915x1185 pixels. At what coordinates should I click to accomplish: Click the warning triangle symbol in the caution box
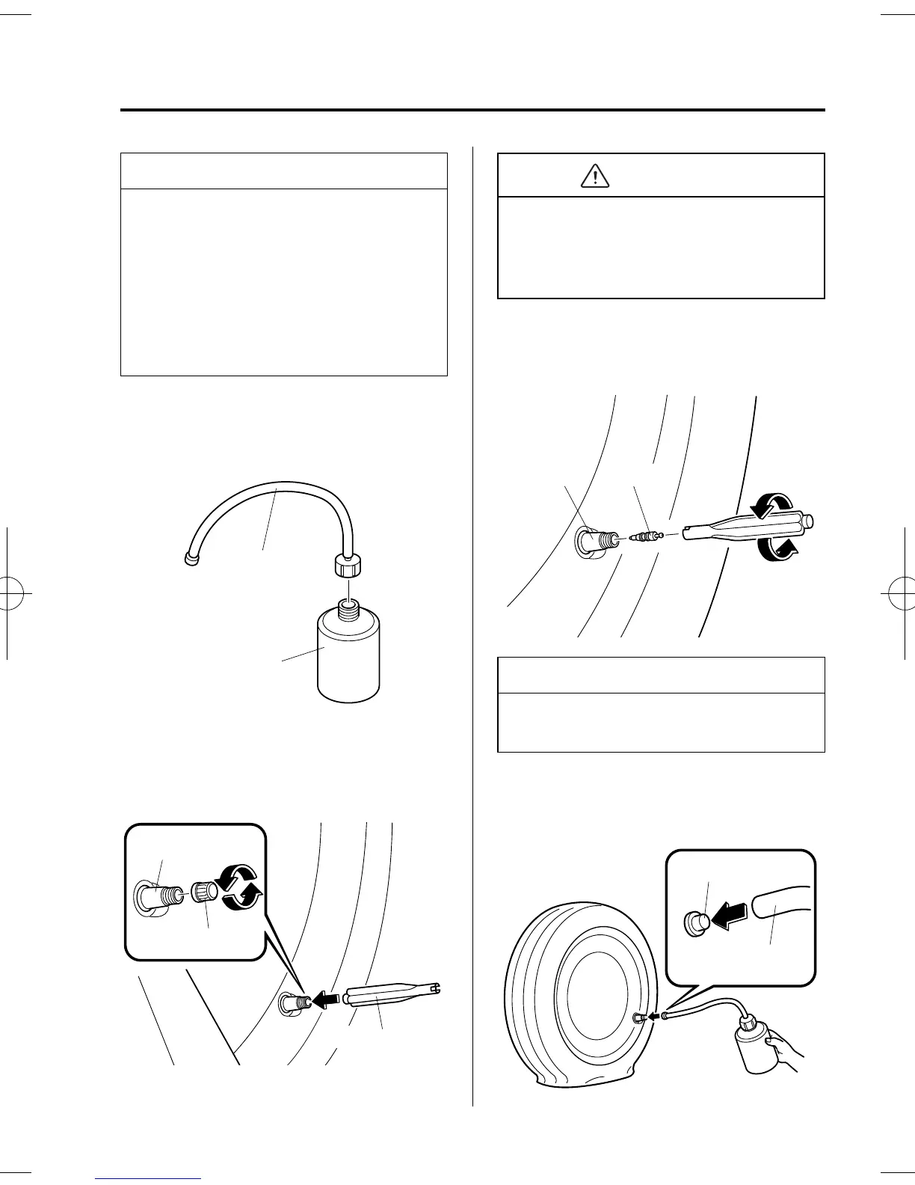[x=594, y=175]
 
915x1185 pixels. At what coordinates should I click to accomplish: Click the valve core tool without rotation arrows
[x=389, y=996]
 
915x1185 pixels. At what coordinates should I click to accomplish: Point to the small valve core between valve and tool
[x=641, y=536]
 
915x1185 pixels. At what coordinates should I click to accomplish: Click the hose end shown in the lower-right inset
[x=777, y=902]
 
